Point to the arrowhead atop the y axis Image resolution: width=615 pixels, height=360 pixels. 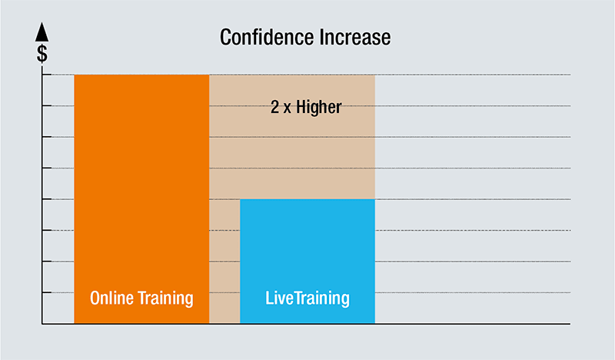(42, 32)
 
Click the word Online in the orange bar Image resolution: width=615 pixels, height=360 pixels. (113, 298)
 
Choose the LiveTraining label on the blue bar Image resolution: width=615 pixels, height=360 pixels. (307, 298)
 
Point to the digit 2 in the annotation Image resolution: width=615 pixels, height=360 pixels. (274, 107)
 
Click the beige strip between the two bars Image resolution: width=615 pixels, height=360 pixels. (224, 262)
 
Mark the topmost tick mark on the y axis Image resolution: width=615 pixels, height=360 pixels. (46, 75)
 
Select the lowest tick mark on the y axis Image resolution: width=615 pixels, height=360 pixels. (46, 292)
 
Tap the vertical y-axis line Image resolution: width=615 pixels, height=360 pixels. (42, 192)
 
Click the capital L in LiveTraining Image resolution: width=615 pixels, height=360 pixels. (269, 298)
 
